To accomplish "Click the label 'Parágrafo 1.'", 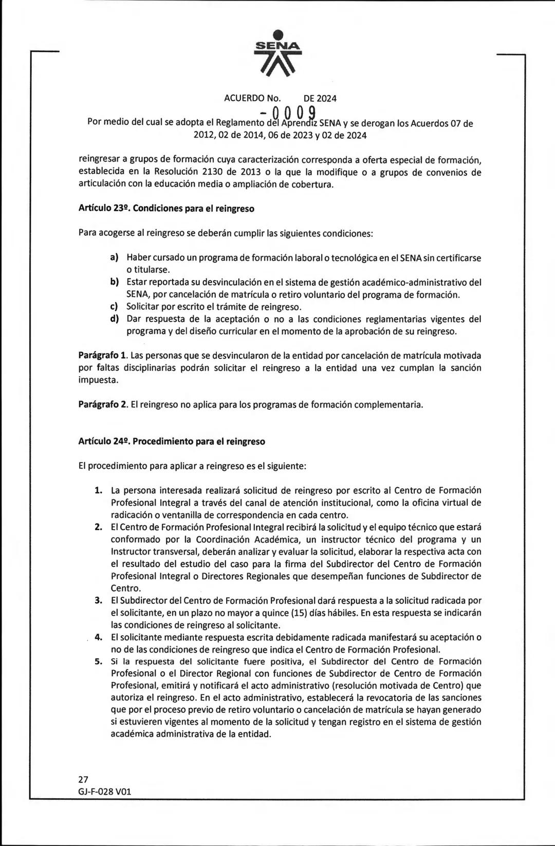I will [x=102, y=356].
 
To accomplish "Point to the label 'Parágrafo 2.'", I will [x=102, y=404].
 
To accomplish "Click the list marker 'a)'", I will [x=115, y=258].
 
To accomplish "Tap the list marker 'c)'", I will [x=115, y=307].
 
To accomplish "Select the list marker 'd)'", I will [x=115, y=319].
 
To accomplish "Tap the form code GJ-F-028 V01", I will [x=105, y=792].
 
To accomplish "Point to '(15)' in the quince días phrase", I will [x=300, y=613].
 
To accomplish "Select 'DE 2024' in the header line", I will [x=320, y=98].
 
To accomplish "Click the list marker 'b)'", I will [x=115, y=282].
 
